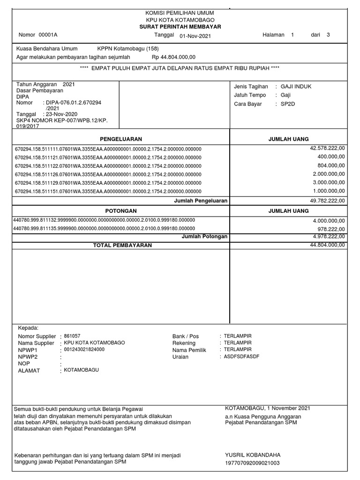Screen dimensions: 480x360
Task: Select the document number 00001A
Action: point(48,35)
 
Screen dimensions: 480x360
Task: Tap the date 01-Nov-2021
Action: point(195,36)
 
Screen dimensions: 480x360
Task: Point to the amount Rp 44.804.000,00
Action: point(173,57)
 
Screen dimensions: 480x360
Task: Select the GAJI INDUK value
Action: point(296,87)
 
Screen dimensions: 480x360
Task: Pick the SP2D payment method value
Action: point(287,104)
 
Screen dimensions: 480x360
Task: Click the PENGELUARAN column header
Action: point(120,139)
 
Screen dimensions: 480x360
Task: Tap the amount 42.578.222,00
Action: point(327,148)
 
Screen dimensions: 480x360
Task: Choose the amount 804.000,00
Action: point(331,165)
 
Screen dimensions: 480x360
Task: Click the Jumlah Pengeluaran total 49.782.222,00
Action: point(327,201)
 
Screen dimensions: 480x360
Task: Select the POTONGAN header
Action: point(120,211)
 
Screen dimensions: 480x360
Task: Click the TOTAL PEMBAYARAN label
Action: point(122,245)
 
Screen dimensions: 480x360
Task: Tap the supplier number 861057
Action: point(72,336)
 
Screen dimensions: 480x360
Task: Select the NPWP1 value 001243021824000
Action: point(84,350)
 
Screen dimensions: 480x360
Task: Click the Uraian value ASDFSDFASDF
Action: point(241,357)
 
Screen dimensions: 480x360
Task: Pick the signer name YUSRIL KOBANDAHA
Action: point(252,455)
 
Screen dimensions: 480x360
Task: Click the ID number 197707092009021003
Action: point(252,463)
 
